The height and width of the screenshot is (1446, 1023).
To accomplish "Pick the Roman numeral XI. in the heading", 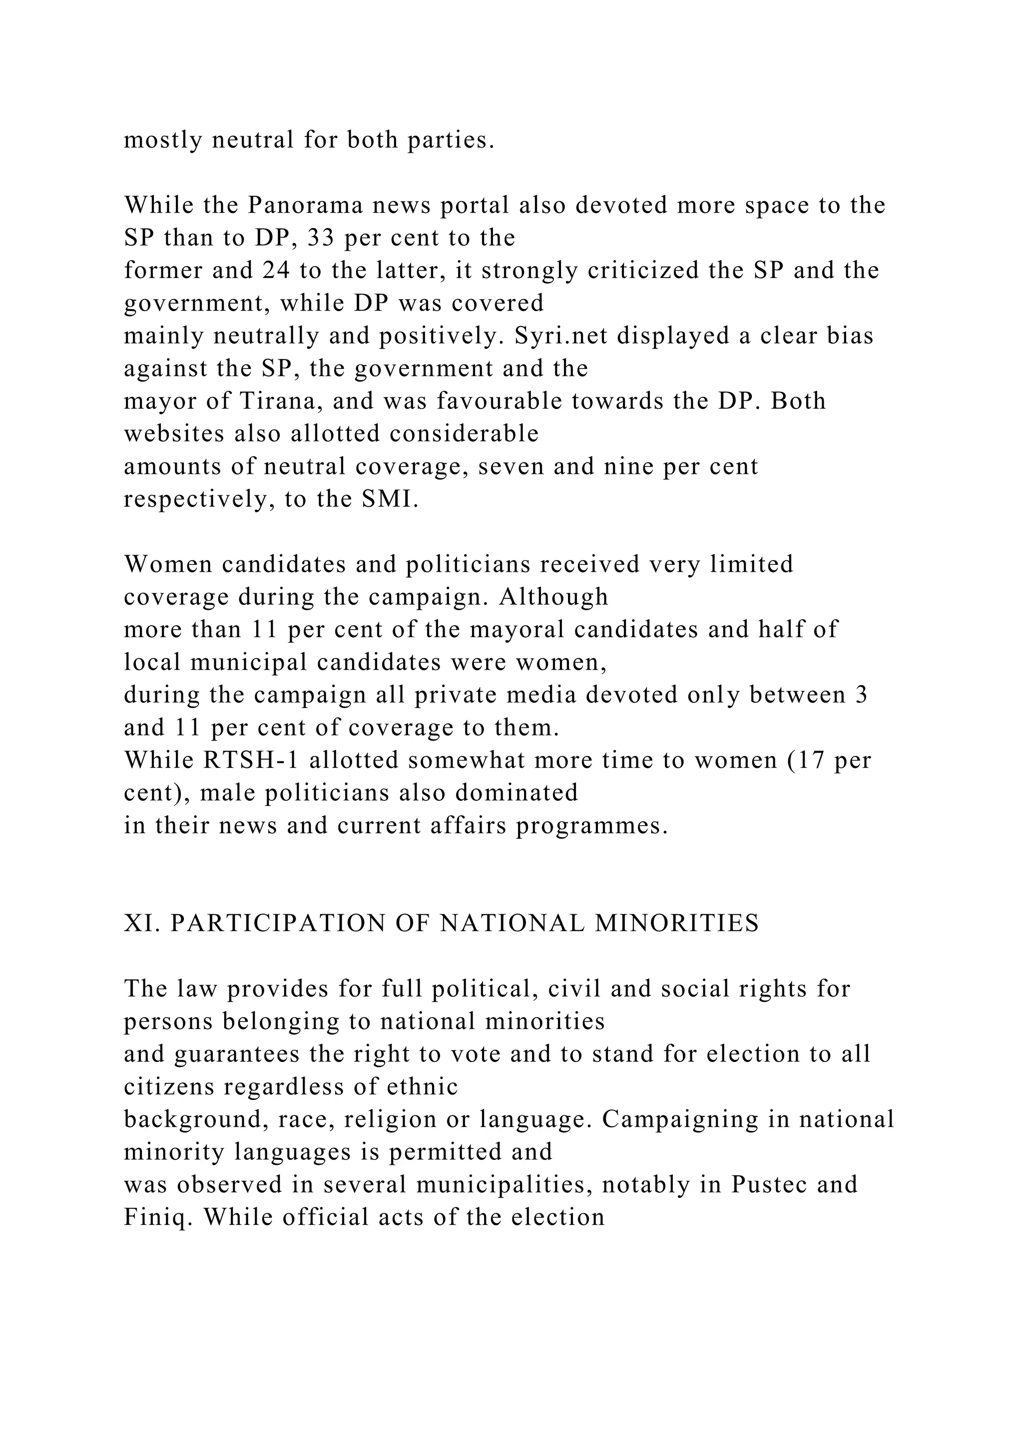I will coord(142,924).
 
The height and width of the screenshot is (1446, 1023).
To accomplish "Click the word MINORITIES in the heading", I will coord(677,924).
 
